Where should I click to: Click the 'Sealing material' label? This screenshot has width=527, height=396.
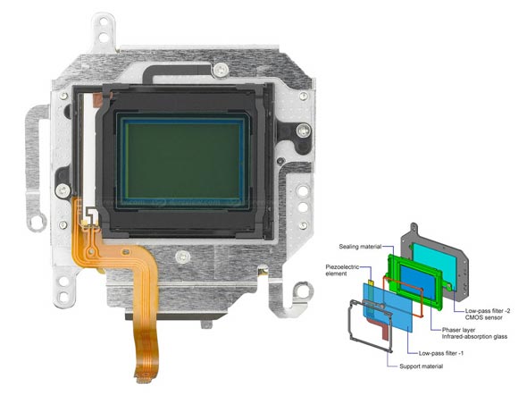coord(360,247)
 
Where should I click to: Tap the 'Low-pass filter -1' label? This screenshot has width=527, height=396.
coord(441,353)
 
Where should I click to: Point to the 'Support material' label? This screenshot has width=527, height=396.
coord(421,367)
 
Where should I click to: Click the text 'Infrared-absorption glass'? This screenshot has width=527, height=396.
coord(474,336)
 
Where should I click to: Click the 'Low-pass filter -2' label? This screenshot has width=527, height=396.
coord(488,311)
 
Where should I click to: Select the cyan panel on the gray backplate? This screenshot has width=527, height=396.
coord(433,261)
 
